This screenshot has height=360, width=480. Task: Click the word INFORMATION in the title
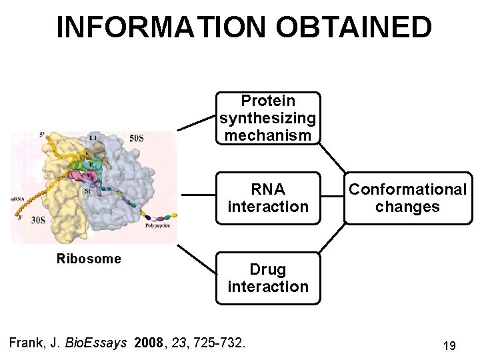161,27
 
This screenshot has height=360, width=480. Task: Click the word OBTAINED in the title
353,27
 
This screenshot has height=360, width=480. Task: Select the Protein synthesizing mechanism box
268,118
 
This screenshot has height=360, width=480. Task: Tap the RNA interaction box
268,198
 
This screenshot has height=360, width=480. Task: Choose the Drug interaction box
268,278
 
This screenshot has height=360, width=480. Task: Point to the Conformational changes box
408,198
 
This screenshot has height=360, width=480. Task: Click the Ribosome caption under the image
89,259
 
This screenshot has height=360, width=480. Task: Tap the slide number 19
449,346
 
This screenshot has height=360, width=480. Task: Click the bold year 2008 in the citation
148,343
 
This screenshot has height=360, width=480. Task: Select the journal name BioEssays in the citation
98,343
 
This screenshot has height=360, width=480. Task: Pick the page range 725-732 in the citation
218,343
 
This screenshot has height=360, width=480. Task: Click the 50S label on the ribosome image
136,138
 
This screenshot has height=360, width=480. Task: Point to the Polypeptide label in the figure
157,226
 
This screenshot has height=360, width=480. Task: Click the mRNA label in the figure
18,199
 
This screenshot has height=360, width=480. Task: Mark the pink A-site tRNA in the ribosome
89,177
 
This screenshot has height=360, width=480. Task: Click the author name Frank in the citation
25,343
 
